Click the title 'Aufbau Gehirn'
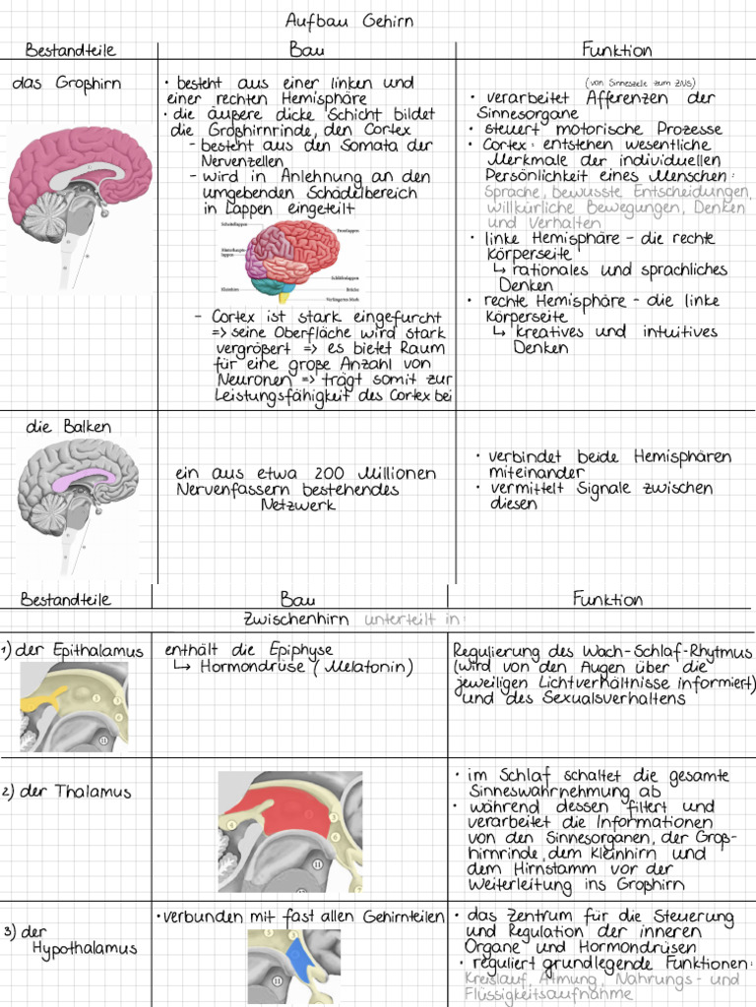pos(349,21)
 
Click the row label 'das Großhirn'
pos(67,84)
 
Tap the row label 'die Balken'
pos(69,427)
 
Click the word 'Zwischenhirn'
pos(299,620)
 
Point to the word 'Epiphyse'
pos(294,649)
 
